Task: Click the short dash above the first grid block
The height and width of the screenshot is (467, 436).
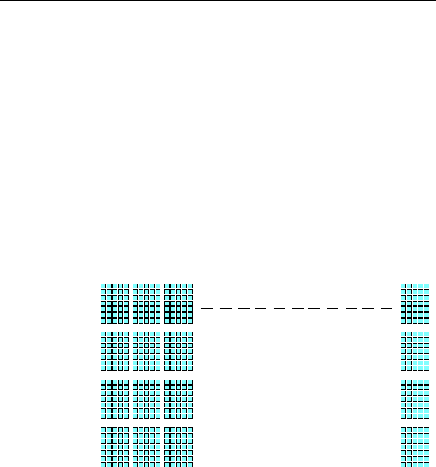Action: click(116, 276)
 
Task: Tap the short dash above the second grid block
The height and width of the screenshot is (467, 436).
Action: click(147, 276)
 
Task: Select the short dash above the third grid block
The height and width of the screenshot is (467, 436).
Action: click(178, 276)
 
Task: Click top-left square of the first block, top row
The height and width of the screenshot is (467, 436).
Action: click(103, 286)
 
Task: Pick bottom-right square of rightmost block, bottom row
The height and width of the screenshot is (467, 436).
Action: click(426, 464)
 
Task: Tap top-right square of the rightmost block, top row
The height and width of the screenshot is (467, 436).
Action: click(426, 286)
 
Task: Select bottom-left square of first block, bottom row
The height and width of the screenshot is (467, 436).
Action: click(103, 464)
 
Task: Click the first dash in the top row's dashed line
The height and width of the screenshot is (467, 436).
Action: click(207, 308)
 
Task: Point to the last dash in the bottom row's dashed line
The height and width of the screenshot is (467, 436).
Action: click(386, 448)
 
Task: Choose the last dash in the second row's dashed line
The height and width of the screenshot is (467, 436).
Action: click(386, 355)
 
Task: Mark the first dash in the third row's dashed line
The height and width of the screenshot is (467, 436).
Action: click(207, 403)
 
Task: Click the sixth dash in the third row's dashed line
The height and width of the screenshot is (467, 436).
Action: click(298, 403)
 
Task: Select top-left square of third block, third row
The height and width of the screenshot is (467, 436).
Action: click(167, 382)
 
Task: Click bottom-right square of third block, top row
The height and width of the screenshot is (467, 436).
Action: click(190, 321)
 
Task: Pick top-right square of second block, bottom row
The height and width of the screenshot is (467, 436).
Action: click(158, 429)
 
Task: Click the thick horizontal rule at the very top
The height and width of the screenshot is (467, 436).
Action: click(218, 0)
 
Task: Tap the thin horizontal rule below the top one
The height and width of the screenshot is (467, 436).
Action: click(218, 69)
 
